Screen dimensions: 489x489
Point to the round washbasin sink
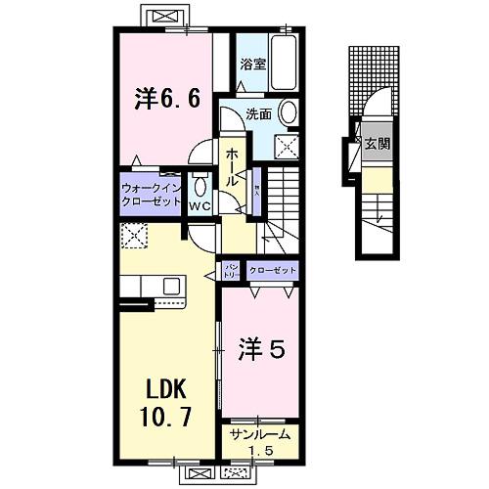tap(290, 114)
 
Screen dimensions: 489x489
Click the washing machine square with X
tap(289, 148)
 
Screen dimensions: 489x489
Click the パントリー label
tap(233, 270)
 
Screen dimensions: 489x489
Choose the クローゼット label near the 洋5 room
tap(271, 269)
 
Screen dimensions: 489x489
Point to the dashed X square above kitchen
tap(132, 236)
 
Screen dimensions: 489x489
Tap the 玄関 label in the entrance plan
tap(377, 144)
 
